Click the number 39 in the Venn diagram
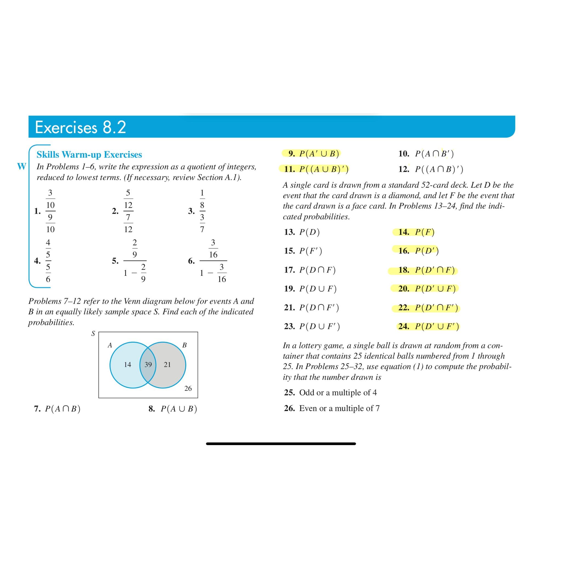pyautogui.click(x=148, y=364)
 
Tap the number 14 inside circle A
pyautogui.click(x=127, y=364)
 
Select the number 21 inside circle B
pyautogui.click(x=167, y=364)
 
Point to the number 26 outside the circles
pyautogui.click(x=188, y=388)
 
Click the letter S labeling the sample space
pyautogui.click(x=93, y=334)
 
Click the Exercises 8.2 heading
pyautogui.click(x=80, y=127)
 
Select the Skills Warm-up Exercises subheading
pyautogui.click(x=89, y=154)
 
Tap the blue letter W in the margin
pyautogui.click(x=21, y=166)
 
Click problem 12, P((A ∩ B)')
pyautogui.click(x=431, y=169)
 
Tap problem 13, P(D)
pyautogui.click(x=302, y=232)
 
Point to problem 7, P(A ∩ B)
pyautogui.click(x=57, y=409)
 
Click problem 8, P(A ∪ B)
pyautogui.click(x=173, y=409)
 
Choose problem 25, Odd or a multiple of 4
pyautogui.click(x=330, y=392)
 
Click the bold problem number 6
pyautogui.click(x=191, y=261)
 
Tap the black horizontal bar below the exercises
pyautogui.click(x=281, y=444)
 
